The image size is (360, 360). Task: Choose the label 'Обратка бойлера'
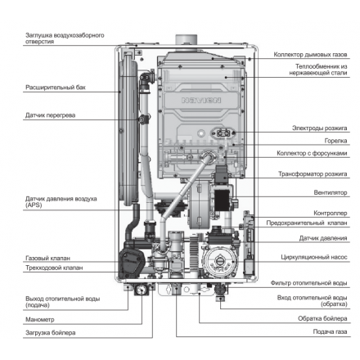pos(322,317)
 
